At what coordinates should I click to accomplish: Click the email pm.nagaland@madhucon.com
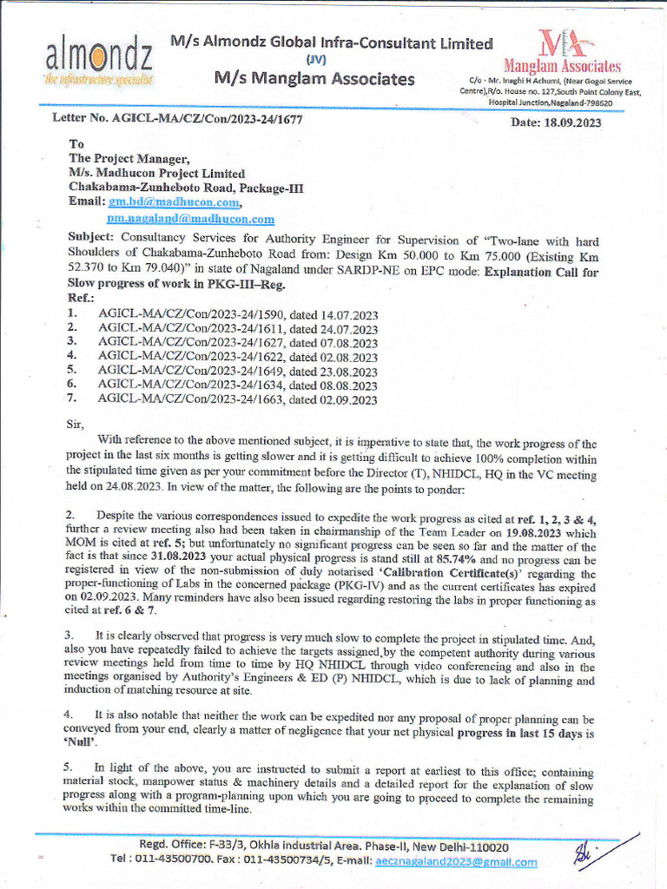pos(190,219)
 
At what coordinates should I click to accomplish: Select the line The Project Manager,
pos(129,158)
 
